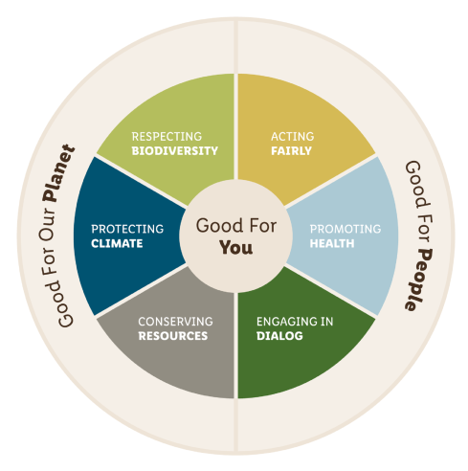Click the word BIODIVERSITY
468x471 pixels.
(175, 150)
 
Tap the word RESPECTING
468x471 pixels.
(167, 136)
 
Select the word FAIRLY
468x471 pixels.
(291, 150)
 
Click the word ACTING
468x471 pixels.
(293, 136)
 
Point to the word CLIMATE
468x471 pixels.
(117, 243)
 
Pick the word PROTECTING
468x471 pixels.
(127, 229)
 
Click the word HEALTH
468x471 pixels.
(332, 243)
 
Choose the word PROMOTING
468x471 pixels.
(345, 229)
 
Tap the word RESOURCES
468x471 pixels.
(173, 336)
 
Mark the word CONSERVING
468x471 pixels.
(175, 322)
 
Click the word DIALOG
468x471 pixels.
(279, 336)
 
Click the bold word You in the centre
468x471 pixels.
(236, 248)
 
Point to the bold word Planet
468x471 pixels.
(59, 173)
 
